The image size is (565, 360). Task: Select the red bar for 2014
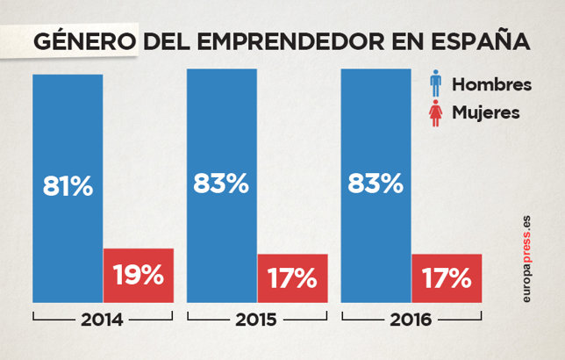point(139,275)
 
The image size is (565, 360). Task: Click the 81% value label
point(68,187)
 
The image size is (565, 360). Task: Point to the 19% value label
point(139,275)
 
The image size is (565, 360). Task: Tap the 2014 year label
point(103,319)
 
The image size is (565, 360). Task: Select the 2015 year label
point(256,319)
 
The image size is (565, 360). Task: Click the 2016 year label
point(411,319)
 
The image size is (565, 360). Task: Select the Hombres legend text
point(491,85)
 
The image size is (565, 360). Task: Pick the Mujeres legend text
point(486,112)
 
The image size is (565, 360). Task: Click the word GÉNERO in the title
point(84,41)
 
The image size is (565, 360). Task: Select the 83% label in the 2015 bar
point(221,184)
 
